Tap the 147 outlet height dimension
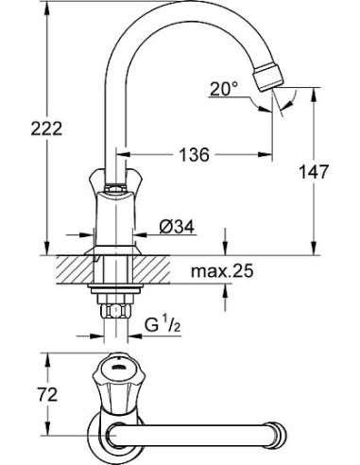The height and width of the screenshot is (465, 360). (332, 172)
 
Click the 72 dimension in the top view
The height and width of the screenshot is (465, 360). (22, 392)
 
